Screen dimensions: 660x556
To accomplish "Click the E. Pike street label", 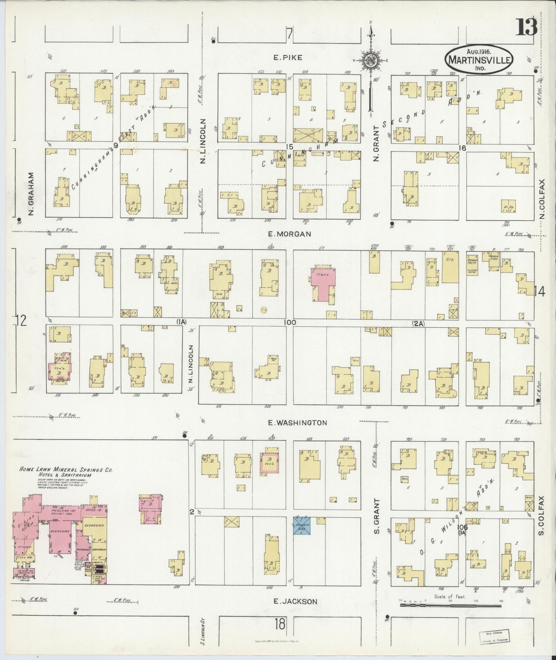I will tap(288, 58).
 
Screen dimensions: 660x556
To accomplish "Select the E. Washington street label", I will tap(297, 422).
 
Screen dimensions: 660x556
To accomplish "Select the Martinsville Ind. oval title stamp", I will tap(479, 60).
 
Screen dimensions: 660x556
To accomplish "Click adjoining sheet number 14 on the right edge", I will tap(539, 292).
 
